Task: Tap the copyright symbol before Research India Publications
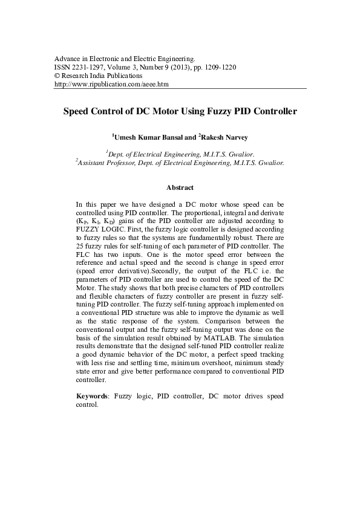pos(57,76)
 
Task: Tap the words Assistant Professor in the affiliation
pos(108,163)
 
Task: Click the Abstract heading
pos(180,188)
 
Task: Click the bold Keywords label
pos(92,396)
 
